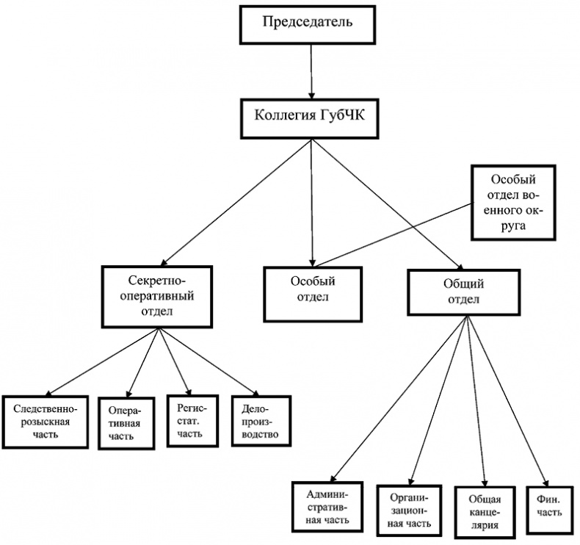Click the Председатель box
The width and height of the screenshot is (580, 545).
point(308,23)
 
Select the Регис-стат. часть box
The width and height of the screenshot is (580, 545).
point(191,419)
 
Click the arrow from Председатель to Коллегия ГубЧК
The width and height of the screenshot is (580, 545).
point(311,70)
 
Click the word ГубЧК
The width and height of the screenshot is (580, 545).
point(341,116)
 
